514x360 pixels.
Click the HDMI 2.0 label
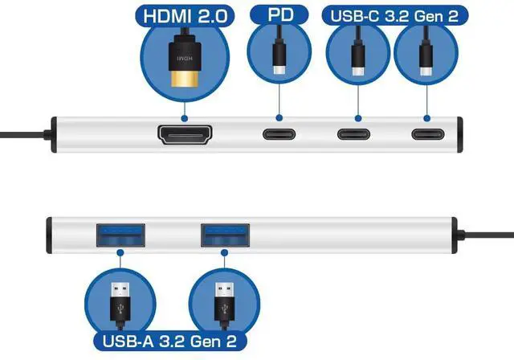185,15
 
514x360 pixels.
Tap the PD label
278,15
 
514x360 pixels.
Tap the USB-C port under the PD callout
279,135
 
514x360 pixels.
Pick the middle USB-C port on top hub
353,135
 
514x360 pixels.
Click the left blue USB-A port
119,235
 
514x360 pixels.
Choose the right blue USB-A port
224,235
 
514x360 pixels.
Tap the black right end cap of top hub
460,134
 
